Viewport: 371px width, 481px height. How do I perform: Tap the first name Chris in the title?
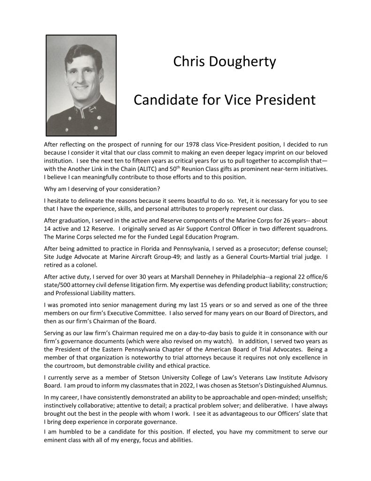pos(188,62)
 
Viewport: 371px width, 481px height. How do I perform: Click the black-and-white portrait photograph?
pos(81,85)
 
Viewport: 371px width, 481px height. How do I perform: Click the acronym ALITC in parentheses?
pos(134,169)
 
